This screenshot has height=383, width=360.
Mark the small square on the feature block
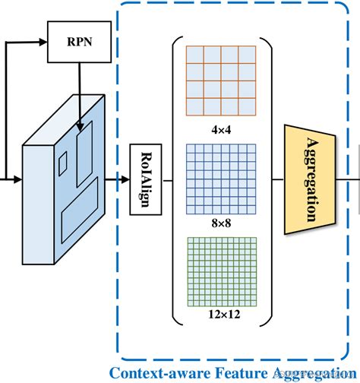click(x=63, y=160)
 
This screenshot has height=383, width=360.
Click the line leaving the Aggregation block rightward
click(x=346, y=180)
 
